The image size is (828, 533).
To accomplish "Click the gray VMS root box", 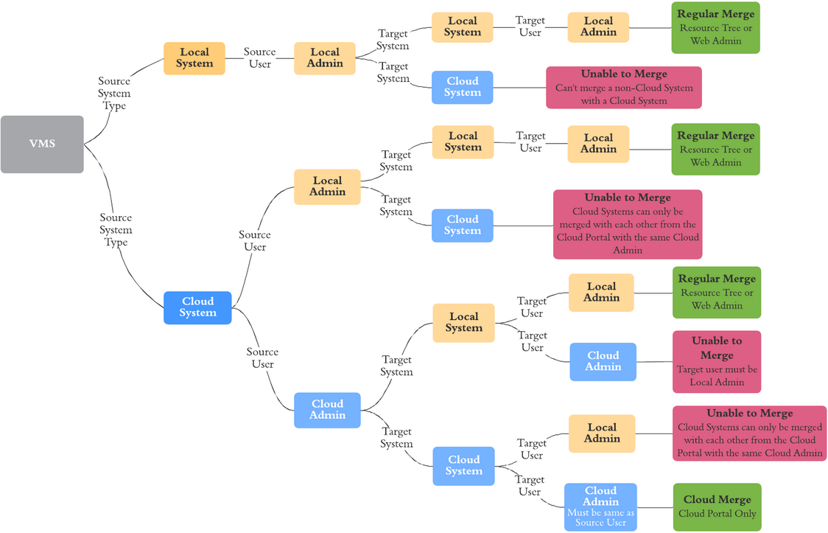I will (x=42, y=144).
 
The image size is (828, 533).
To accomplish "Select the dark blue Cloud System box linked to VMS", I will (x=197, y=307).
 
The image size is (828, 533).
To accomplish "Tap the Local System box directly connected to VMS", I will (x=194, y=58).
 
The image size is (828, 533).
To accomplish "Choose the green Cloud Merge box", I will (x=716, y=506).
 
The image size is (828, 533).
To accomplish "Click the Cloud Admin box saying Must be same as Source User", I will (x=600, y=506).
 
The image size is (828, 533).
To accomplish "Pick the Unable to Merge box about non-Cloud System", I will (x=623, y=88).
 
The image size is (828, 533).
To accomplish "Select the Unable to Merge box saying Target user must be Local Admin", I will (x=716, y=361).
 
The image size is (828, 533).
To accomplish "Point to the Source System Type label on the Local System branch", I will (x=114, y=94).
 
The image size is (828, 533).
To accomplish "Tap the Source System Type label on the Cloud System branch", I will (x=116, y=230).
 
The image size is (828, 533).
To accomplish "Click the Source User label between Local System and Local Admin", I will (x=259, y=58).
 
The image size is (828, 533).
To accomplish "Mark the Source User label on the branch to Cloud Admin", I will (x=262, y=358).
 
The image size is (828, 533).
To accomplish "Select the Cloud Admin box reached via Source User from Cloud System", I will (x=327, y=410).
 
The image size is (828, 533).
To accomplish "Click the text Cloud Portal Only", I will (x=717, y=514).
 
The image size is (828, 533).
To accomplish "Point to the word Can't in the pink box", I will (x=567, y=88).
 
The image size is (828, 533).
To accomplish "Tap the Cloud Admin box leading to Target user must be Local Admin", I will (x=603, y=361).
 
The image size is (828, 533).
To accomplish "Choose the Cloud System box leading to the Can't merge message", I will (x=462, y=87).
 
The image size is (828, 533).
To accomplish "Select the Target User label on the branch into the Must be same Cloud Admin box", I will (x=530, y=486).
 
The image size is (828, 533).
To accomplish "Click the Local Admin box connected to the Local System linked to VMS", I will (x=325, y=58).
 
